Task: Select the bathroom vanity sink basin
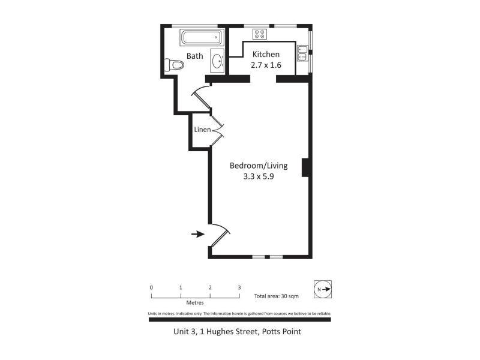click(x=217, y=61)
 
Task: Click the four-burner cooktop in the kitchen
click(x=260, y=34)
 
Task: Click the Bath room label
click(x=194, y=56)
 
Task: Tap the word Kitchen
click(x=266, y=54)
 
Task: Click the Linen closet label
click(x=202, y=130)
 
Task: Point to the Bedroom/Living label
click(x=259, y=166)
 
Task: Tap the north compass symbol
click(x=323, y=289)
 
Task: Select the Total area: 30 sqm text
click(x=276, y=296)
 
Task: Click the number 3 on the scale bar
click(x=239, y=287)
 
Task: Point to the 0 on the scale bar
click(x=151, y=287)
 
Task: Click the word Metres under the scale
click(x=195, y=303)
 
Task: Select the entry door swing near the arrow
click(x=219, y=235)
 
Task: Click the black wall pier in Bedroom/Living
click(x=305, y=167)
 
